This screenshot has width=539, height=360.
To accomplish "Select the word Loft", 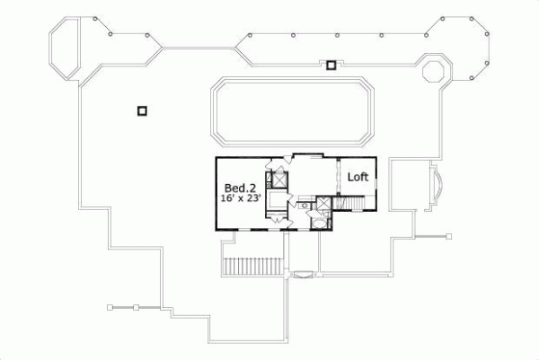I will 358,178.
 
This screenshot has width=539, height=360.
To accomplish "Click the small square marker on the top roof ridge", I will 331,65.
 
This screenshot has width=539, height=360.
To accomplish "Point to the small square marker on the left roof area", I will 141,110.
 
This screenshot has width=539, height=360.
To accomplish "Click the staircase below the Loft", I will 350,205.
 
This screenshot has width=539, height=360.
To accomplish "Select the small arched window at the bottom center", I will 305,274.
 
